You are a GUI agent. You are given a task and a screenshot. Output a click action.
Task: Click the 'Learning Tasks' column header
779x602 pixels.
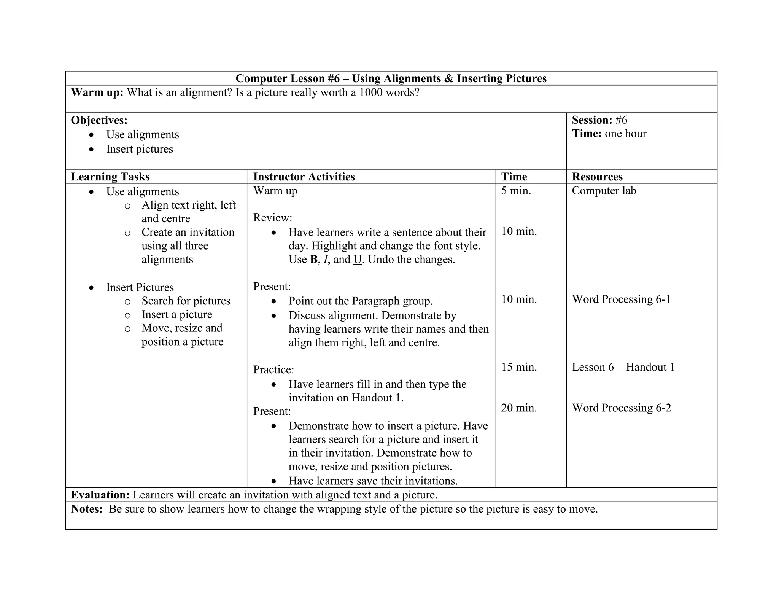click(x=110, y=177)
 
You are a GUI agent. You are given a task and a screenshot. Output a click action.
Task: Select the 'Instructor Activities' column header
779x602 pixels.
click(x=304, y=177)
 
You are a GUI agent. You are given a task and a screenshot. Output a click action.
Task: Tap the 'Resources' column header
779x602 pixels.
click(x=597, y=177)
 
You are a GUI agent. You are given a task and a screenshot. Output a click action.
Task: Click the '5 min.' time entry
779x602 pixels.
click(x=516, y=191)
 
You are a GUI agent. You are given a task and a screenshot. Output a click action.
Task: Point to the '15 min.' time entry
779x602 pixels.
click(x=519, y=367)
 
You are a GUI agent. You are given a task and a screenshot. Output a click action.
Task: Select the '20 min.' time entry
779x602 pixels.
click(x=519, y=408)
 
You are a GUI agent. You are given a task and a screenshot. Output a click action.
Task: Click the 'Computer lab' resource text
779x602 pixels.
click(x=604, y=191)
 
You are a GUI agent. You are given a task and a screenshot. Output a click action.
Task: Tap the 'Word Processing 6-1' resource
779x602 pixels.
click(x=621, y=299)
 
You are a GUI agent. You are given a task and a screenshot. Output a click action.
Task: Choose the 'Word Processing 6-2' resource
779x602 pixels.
click(x=621, y=408)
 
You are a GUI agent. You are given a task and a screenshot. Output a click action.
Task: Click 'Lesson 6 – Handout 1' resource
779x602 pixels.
click(x=623, y=367)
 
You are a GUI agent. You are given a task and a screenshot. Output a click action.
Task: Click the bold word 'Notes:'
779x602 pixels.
click(x=87, y=509)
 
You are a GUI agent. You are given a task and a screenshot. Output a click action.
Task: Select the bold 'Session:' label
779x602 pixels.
click(x=592, y=120)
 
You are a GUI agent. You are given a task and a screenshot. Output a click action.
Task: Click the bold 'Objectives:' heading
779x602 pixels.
click(x=99, y=120)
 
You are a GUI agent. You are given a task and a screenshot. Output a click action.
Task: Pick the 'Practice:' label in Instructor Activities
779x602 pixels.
click(x=273, y=370)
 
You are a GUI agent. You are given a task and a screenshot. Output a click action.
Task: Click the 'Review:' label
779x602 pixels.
click(x=273, y=218)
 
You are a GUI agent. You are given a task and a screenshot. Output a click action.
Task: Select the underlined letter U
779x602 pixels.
click(x=358, y=260)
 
